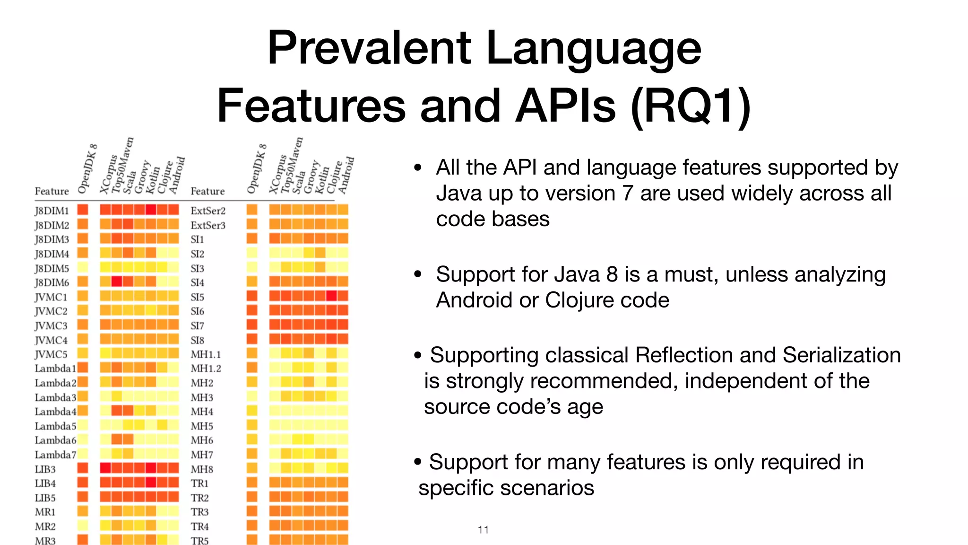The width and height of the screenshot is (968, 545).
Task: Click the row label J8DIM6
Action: point(52,282)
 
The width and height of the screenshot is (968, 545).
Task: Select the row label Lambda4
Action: point(55,411)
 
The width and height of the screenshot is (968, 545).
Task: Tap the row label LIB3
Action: point(45,469)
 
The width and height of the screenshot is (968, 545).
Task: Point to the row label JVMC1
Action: point(51,297)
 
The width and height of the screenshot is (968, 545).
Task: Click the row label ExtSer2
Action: point(208,211)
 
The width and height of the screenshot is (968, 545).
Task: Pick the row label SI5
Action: point(198,297)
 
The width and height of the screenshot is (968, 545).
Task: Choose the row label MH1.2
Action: point(206,369)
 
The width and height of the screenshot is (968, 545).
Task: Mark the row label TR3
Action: point(199,512)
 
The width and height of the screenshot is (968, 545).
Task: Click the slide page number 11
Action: point(483,529)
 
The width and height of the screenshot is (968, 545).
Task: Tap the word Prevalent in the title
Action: point(369,48)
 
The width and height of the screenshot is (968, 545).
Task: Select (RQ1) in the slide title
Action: point(691,106)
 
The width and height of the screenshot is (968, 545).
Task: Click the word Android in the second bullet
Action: point(474,300)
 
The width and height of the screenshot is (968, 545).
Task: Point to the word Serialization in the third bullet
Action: point(841,355)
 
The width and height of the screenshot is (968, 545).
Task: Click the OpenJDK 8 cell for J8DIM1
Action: point(83,210)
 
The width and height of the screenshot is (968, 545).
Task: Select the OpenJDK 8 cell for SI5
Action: point(252,296)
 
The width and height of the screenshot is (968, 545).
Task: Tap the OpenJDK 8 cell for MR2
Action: point(83,525)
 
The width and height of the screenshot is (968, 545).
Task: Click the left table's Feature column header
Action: point(52,191)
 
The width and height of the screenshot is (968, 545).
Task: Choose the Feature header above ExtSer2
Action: point(207,191)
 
